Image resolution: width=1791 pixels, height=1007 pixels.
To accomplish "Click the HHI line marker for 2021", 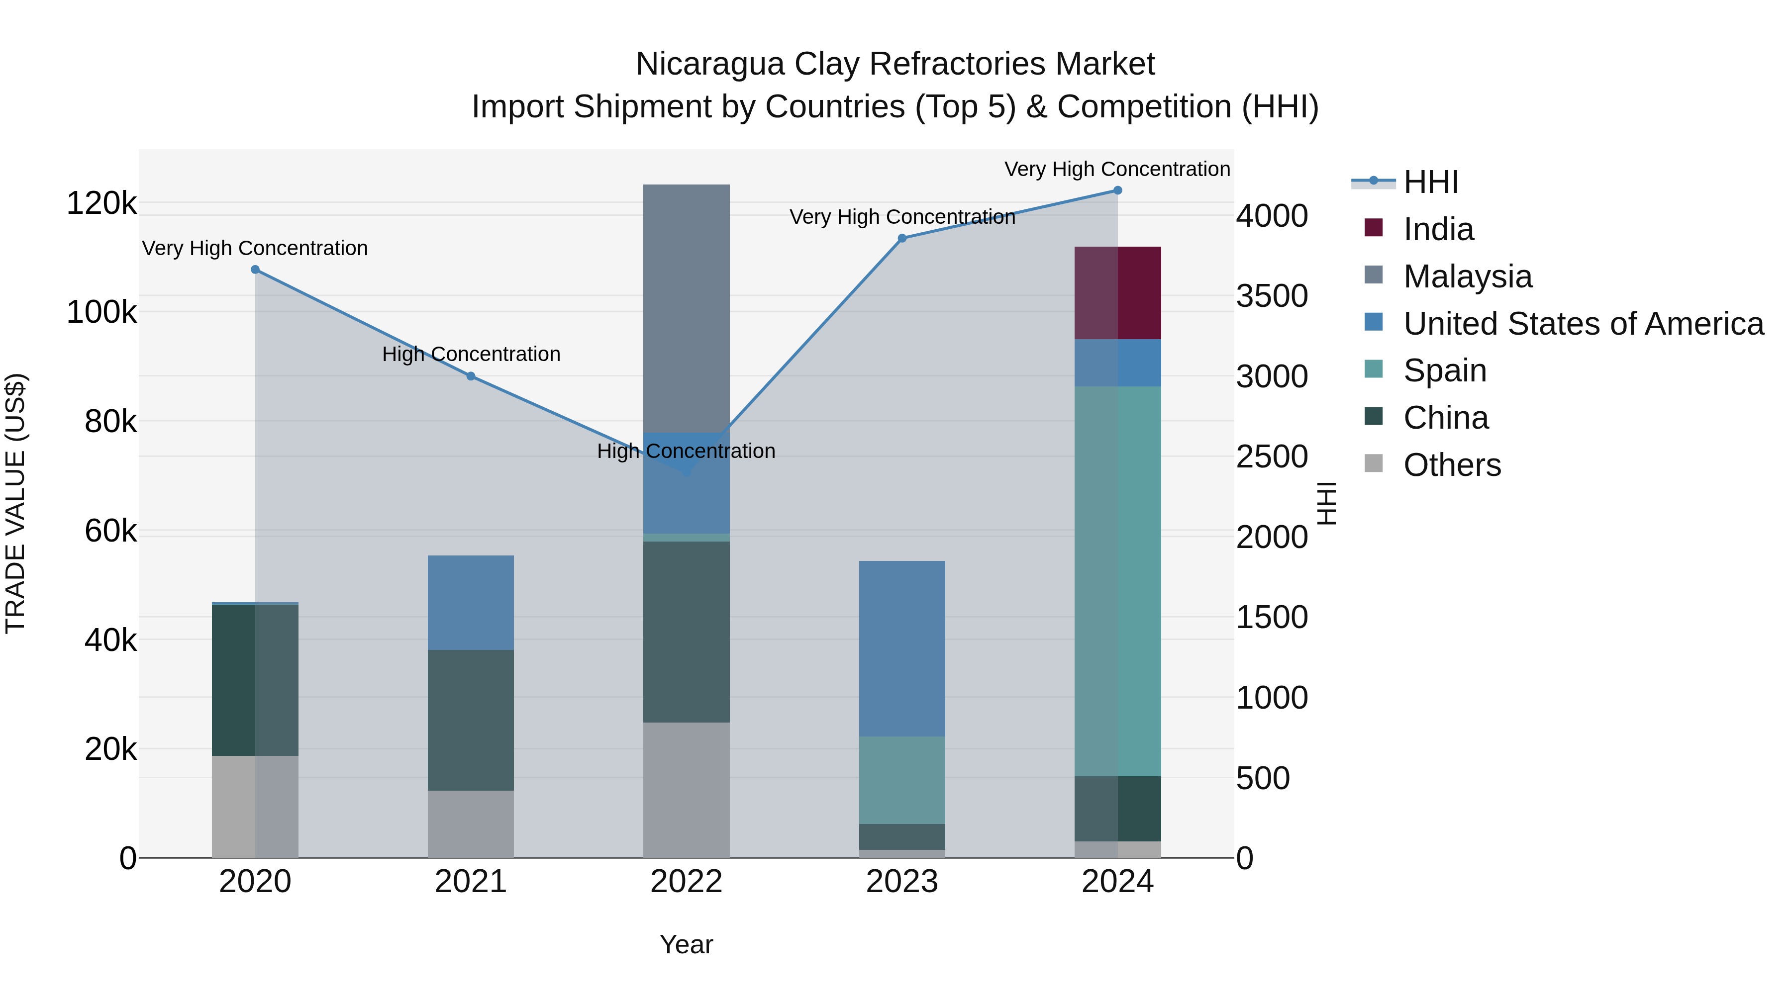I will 471,376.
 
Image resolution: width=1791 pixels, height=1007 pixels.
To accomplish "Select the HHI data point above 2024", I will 1117,190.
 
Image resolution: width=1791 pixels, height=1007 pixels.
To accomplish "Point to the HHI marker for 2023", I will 902,238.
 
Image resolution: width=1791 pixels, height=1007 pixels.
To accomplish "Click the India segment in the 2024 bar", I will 1117,292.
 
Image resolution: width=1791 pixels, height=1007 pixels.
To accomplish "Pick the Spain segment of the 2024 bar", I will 1117,580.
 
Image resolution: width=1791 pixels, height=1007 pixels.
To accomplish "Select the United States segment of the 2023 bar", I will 902,648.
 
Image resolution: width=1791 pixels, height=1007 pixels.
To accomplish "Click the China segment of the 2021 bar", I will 471,720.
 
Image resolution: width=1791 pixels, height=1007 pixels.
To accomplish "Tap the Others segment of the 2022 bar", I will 686,790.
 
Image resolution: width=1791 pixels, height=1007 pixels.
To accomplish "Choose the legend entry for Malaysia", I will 1467,276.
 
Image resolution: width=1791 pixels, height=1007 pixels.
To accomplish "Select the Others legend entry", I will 1452,465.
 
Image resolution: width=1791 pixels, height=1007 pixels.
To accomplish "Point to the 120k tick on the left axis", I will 101,203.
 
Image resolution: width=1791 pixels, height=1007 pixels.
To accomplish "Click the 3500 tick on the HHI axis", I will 1272,296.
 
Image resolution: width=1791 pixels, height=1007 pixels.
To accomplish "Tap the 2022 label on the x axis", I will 686,882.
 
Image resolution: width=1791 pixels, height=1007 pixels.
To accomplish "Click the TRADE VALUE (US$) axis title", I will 15,503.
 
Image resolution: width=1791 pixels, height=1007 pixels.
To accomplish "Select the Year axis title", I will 686,944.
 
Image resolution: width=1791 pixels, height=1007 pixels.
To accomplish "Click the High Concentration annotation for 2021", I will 471,355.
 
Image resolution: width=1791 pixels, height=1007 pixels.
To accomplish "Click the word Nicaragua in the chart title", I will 710,64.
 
